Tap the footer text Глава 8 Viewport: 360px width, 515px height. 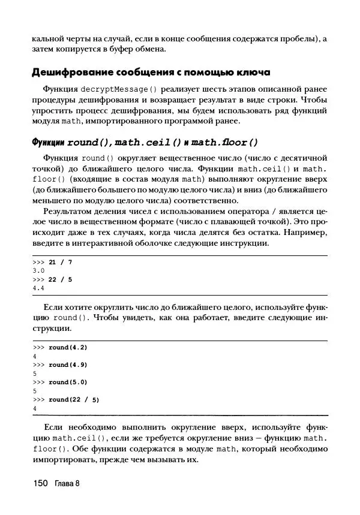67,484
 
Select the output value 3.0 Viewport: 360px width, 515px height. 39,271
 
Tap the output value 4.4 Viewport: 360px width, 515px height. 39,288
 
